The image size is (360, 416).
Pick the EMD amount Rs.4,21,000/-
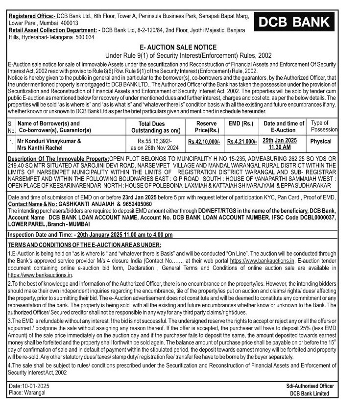242,141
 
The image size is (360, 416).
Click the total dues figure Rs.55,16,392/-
152,141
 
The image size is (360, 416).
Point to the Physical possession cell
321,141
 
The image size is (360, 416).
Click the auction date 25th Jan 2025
280,141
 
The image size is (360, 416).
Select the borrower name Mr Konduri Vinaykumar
49,141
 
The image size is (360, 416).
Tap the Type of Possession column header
324,126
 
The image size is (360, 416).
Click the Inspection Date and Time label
40,235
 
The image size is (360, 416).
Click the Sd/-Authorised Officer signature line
310,386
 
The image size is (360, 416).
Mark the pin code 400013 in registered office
69,23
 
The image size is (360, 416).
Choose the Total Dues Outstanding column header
152,126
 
